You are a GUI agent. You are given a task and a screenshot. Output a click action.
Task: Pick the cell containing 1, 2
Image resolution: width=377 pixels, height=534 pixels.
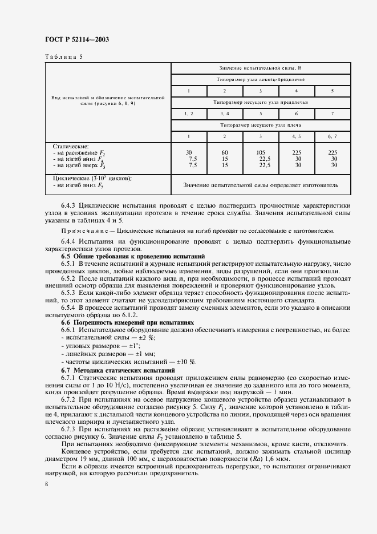189,113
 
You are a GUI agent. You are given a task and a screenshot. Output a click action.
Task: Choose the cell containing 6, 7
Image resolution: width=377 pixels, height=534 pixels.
333,136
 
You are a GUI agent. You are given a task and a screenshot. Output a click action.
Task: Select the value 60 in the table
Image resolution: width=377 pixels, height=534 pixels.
225,152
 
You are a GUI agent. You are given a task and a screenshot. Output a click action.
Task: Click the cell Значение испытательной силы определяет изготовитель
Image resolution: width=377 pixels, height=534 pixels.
262,185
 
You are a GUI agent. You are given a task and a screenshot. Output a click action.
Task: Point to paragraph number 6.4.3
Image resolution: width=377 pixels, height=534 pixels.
70,204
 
